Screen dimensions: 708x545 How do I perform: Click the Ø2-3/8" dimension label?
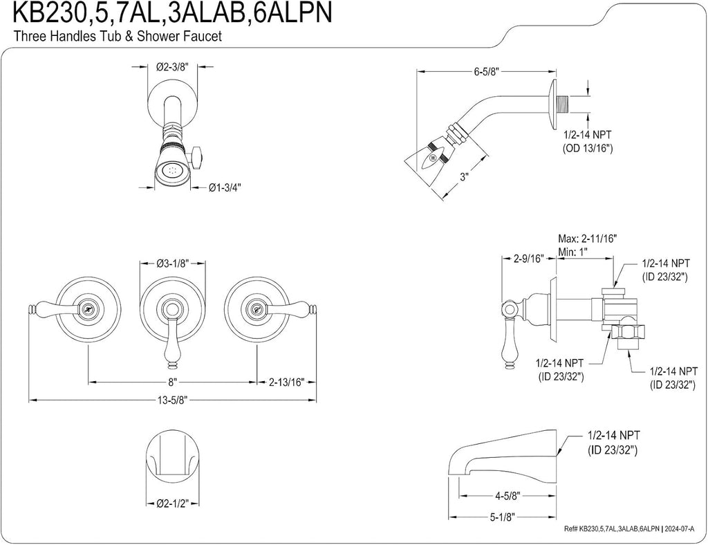coord(173,67)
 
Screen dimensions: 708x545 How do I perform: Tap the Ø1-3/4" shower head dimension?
coord(225,187)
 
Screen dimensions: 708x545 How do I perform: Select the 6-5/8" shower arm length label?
coord(486,72)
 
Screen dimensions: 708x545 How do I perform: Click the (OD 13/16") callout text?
coord(588,147)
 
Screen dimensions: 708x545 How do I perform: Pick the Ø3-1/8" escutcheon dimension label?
coord(173,263)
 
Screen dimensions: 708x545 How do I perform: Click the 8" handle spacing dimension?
coord(172,382)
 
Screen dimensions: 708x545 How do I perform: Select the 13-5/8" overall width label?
coord(171,400)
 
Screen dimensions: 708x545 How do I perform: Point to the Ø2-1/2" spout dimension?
coord(172,504)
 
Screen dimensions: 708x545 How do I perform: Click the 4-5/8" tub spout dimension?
coord(508,496)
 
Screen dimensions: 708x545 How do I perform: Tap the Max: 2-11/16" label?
coord(588,239)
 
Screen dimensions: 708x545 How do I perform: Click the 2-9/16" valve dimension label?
coord(528,259)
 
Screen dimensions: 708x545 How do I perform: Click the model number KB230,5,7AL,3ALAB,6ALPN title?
coord(172,13)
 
